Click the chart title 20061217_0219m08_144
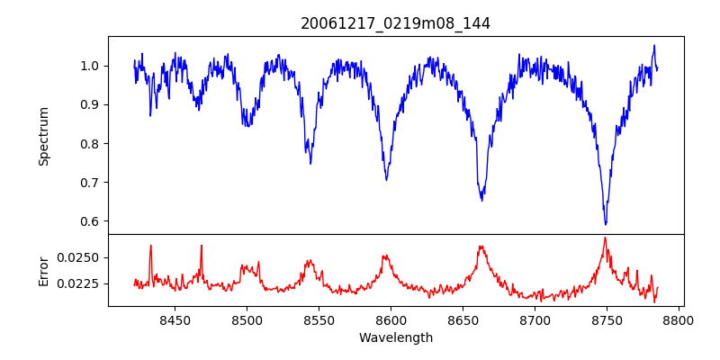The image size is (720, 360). (x=396, y=23)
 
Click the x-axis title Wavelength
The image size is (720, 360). (x=396, y=338)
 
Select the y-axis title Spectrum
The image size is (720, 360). (x=44, y=136)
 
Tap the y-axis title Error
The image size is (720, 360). (x=44, y=270)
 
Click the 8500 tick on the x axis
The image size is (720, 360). (x=247, y=319)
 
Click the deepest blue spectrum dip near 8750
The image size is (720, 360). (x=606, y=223)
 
